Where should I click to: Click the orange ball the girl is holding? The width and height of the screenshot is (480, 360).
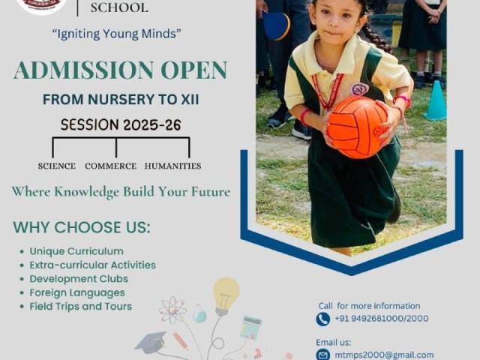pyautogui.click(x=358, y=127)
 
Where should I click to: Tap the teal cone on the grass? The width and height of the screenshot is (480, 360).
pyautogui.click(x=435, y=100)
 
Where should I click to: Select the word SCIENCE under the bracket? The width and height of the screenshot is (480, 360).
pyautogui.click(x=57, y=166)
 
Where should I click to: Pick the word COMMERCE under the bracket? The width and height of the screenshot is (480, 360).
pyautogui.click(x=110, y=166)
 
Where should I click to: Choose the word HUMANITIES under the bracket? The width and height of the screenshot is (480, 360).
pyautogui.click(x=172, y=166)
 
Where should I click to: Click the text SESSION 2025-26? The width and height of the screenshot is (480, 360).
pyautogui.click(x=121, y=125)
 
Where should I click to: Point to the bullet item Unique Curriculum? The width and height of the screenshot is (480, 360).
pyautogui.click(x=76, y=251)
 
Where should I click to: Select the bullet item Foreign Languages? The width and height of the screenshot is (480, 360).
pyautogui.click(x=77, y=292)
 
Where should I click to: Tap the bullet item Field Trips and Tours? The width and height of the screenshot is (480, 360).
pyautogui.click(x=81, y=307)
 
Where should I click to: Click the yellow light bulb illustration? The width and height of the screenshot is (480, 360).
pyautogui.click(x=226, y=296)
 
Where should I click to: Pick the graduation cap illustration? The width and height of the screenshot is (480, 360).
pyautogui.click(x=151, y=342)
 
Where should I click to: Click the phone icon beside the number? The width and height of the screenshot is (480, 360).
pyautogui.click(x=323, y=319)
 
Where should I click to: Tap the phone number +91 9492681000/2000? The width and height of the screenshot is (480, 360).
pyautogui.click(x=382, y=318)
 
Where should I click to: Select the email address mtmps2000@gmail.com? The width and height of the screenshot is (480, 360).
pyautogui.click(x=384, y=355)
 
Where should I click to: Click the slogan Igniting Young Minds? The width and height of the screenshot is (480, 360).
pyautogui.click(x=117, y=34)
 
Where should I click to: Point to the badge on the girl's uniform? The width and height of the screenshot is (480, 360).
pyautogui.click(x=359, y=89)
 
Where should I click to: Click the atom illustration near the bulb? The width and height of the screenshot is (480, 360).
pyautogui.click(x=172, y=310)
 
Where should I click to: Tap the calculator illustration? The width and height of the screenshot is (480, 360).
pyautogui.click(x=251, y=328)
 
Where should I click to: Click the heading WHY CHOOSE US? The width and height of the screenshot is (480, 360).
pyautogui.click(x=82, y=227)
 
